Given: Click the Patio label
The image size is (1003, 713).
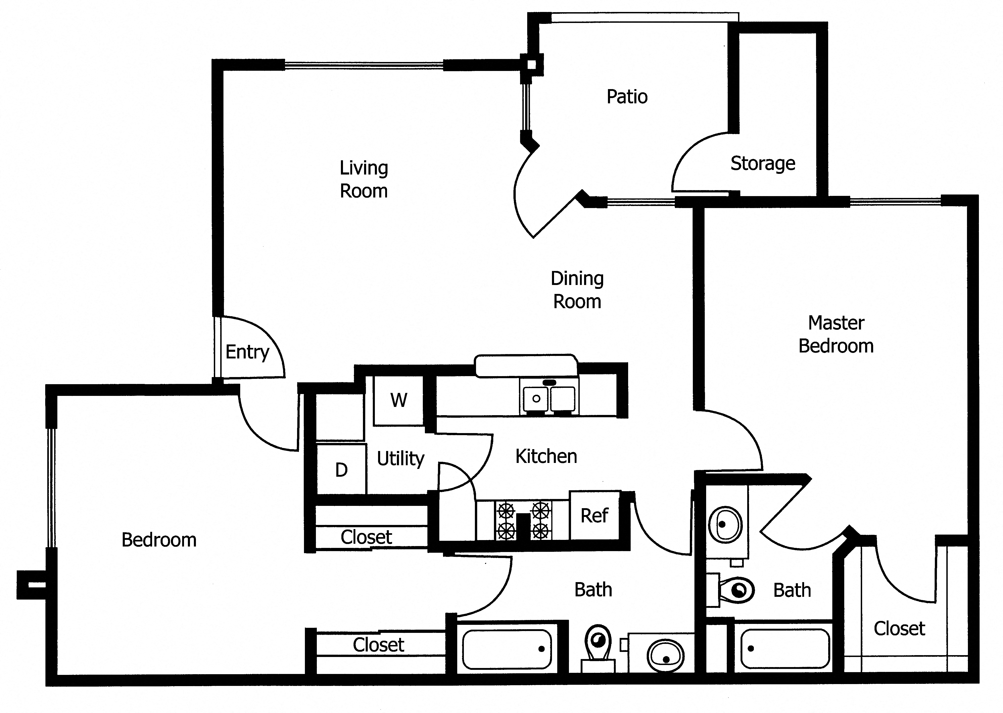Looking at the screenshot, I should point(627,97).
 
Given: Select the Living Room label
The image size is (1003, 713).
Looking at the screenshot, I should point(364,179).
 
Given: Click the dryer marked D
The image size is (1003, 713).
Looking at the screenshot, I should point(341,470).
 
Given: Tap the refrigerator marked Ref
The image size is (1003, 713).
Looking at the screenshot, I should point(594,516).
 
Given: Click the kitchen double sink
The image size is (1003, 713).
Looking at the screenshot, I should point(549,399).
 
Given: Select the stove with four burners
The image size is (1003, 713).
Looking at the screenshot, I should point(523,521).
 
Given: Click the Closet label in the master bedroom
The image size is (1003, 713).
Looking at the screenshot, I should point(899,629).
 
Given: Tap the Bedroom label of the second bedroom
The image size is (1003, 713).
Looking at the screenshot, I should point(159,540).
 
